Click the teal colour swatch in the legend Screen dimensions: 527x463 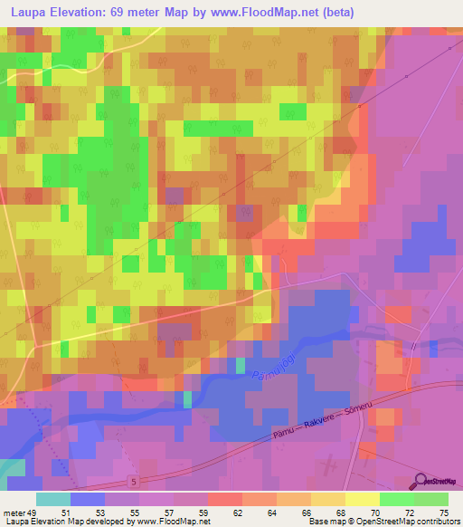[53, 499]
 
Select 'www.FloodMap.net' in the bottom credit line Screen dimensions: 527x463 [172, 522]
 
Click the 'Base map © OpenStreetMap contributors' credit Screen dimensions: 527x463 [384, 522]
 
